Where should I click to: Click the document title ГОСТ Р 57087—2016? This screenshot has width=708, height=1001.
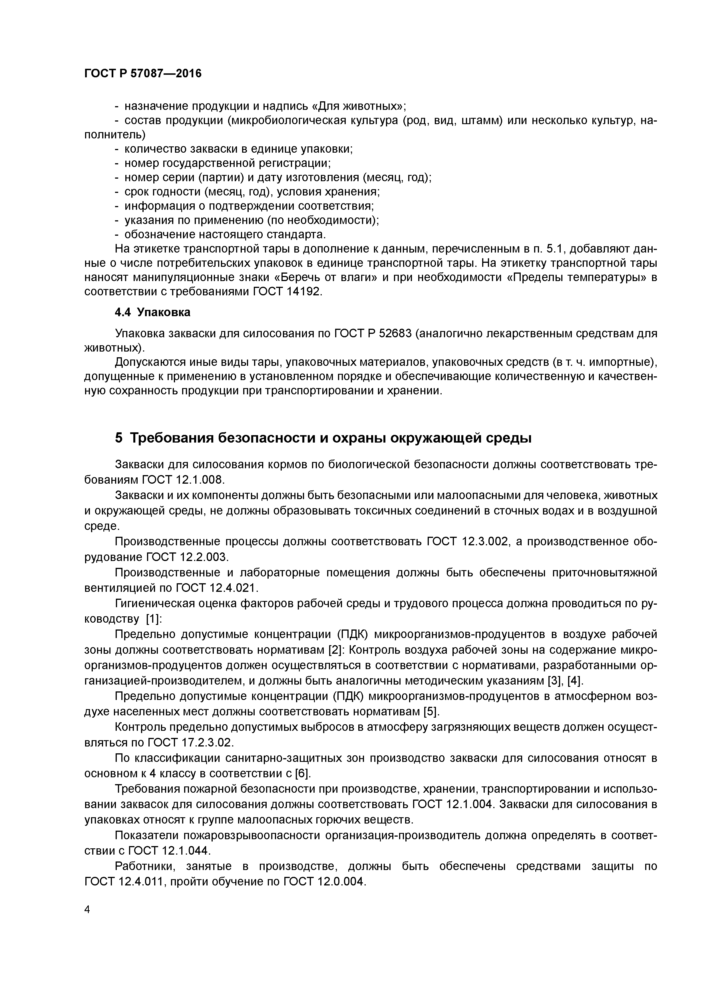[143, 74]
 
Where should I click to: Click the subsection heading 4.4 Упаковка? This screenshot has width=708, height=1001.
[153, 312]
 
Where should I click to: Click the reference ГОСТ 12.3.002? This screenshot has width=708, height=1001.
[467, 542]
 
